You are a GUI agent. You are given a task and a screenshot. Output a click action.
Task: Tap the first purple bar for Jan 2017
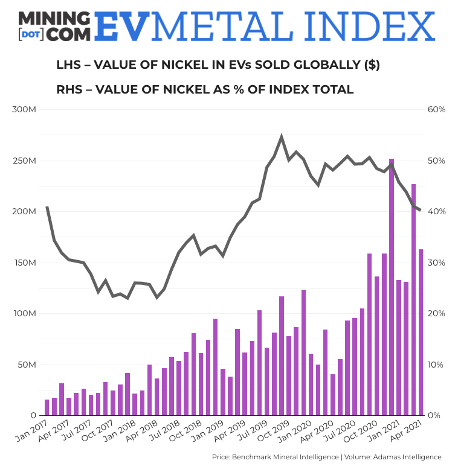point(47,407)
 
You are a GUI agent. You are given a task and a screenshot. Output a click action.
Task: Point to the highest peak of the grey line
point(282,137)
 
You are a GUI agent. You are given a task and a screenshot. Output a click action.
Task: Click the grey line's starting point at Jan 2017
point(47,207)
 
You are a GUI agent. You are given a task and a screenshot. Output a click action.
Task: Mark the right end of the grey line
point(421,210)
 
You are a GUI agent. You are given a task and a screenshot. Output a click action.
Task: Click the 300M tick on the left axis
point(25,110)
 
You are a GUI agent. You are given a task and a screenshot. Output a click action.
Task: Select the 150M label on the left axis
point(25,263)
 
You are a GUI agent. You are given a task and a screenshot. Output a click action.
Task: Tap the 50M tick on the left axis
point(27,365)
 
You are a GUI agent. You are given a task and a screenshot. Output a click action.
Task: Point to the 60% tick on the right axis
point(436,110)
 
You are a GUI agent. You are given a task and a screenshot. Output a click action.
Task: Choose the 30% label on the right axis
point(436,263)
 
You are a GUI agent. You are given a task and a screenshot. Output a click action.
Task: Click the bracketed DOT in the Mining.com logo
point(31,34)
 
